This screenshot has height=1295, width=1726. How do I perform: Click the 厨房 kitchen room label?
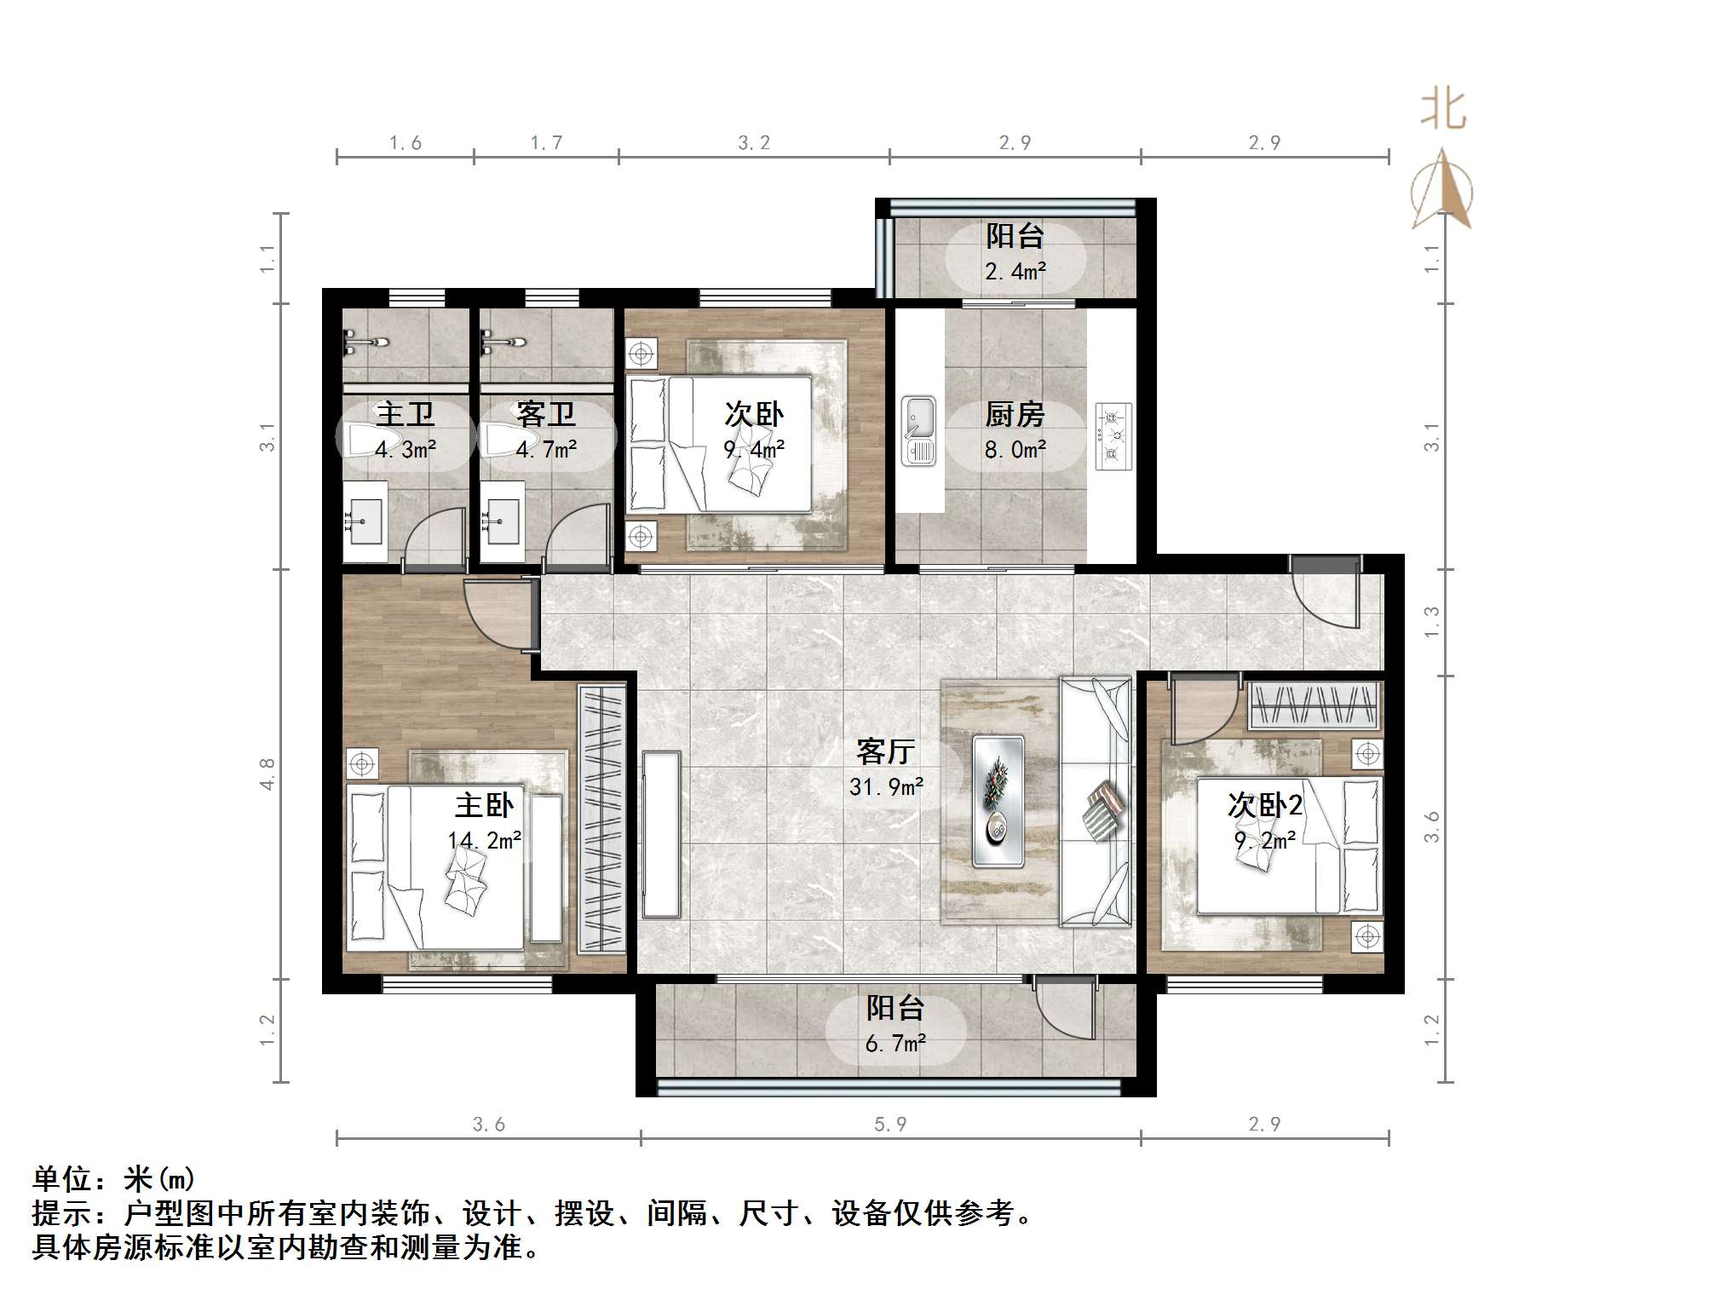(x=1014, y=415)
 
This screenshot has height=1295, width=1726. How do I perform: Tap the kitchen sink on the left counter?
(x=918, y=430)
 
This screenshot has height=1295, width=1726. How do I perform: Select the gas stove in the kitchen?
(x=1113, y=435)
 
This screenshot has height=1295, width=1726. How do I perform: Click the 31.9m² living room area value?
(x=886, y=787)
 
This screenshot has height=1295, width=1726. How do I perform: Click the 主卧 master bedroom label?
(x=484, y=805)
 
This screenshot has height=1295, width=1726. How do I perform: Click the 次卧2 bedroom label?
(x=1264, y=805)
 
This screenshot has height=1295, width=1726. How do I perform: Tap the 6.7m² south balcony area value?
(x=895, y=1044)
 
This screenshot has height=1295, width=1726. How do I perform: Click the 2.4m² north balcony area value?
(x=1015, y=272)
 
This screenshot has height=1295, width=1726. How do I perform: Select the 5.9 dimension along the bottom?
(x=889, y=1125)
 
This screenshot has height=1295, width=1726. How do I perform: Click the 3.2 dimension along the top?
(x=753, y=143)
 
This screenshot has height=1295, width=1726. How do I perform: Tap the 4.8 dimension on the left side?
(x=268, y=774)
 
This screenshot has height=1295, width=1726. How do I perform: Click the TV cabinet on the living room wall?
(x=661, y=833)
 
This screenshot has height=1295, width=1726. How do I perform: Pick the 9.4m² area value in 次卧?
(x=754, y=449)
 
